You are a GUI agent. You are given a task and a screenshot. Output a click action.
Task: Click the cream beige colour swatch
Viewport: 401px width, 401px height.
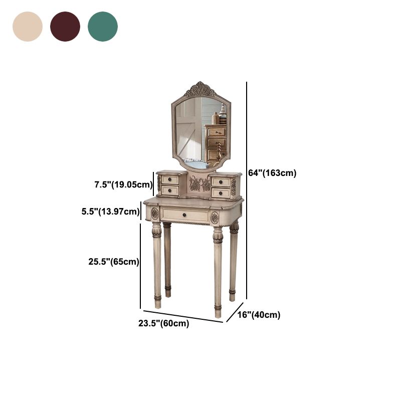[x=28, y=27]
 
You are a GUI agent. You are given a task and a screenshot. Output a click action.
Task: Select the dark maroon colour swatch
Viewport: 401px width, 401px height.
[x=65, y=27]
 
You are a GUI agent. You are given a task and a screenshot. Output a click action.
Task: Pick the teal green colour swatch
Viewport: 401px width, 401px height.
[x=103, y=27]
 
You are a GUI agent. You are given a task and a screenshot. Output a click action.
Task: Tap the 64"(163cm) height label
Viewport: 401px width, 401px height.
[x=272, y=173]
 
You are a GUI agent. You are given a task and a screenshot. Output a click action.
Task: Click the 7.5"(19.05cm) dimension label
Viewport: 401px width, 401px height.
[x=123, y=184]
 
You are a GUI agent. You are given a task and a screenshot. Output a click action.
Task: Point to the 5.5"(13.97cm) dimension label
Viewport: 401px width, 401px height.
[x=110, y=212]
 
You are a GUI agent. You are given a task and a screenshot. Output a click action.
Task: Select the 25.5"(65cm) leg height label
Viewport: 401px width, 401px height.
[x=114, y=262]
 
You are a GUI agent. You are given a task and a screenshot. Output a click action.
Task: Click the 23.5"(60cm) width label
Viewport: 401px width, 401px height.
[x=164, y=323]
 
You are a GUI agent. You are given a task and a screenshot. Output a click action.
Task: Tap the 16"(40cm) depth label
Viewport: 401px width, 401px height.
[x=259, y=315]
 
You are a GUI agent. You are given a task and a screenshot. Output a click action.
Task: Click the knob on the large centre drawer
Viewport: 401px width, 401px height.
[x=184, y=215]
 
